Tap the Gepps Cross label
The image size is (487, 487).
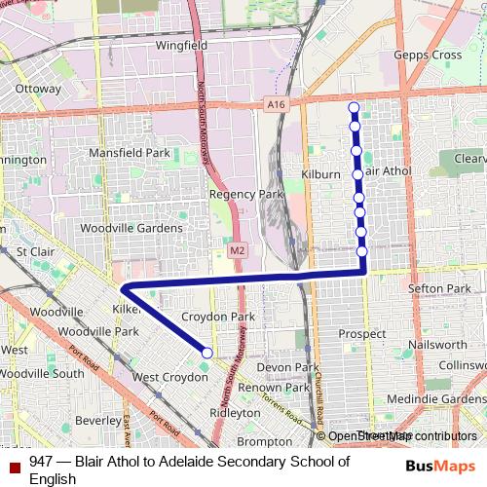tap(427, 56)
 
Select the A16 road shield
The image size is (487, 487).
tap(278, 104)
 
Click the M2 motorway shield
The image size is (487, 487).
tap(237, 251)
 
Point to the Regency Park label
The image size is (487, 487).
tap(245, 194)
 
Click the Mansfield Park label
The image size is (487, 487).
tap(129, 153)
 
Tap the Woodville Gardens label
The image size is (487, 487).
tap(131, 228)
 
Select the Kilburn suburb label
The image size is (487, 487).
tap(320, 173)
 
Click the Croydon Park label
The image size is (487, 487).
tap(218, 317)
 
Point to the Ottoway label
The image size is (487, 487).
tap(38, 88)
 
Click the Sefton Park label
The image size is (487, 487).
tap(439, 288)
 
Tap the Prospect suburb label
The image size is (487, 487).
tap(361, 334)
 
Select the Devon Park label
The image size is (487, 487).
tap(287, 367)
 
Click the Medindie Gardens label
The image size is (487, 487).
tap(435, 397)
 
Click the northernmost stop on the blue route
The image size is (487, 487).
tap(353, 107)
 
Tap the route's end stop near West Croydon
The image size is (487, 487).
tap(206, 353)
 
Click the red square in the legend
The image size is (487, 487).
tap(14, 468)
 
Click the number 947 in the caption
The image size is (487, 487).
tap(41, 462)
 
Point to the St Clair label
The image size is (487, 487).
tap(35, 251)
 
